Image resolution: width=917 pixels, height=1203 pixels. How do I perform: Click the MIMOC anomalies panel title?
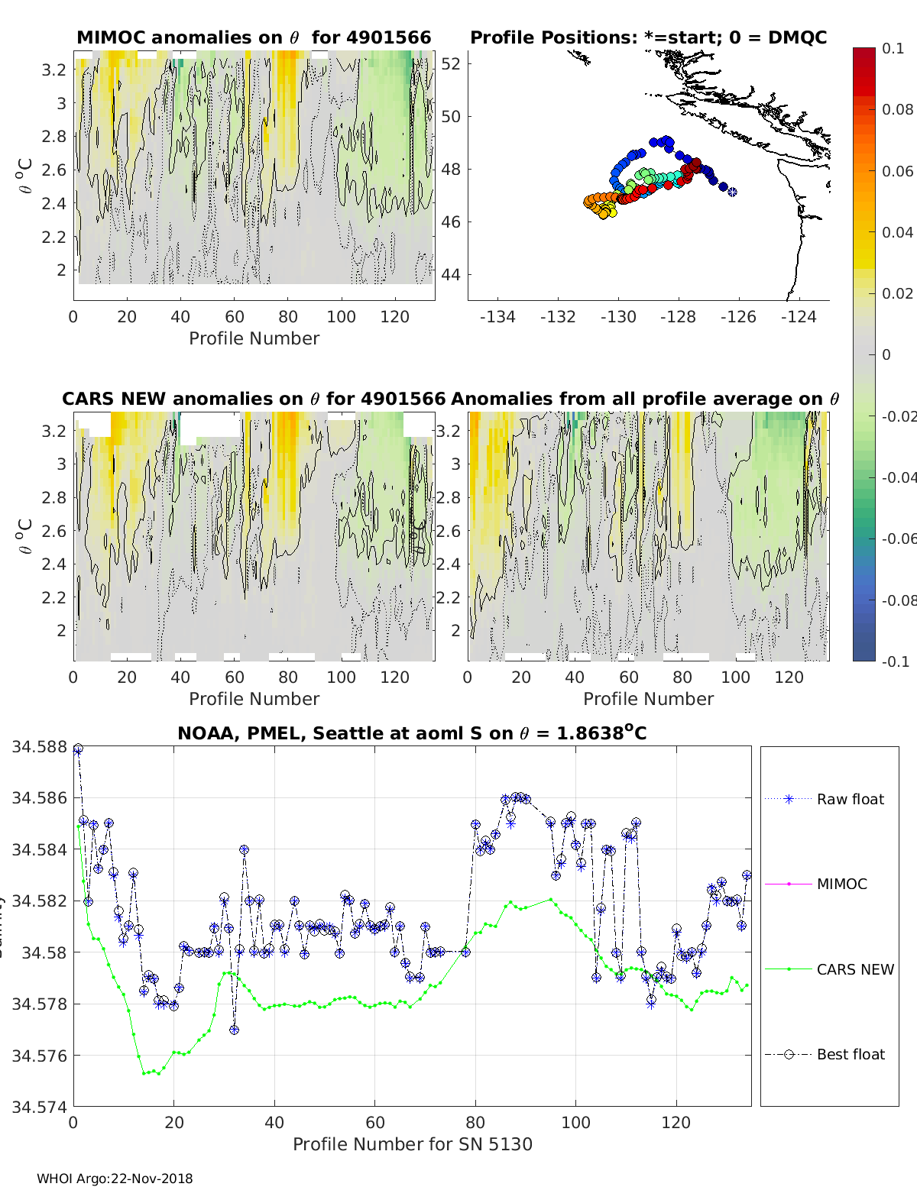(254, 37)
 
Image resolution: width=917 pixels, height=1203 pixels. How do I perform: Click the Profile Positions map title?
(648, 37)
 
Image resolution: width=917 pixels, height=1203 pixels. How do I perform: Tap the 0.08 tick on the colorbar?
(898, 109)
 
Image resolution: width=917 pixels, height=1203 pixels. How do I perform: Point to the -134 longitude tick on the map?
(497, 317)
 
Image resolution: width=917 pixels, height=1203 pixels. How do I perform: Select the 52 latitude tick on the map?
(452, 63)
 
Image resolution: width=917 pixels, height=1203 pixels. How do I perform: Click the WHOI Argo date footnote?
(115, 1179)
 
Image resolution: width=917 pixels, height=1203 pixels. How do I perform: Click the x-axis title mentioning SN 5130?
(413, 1144)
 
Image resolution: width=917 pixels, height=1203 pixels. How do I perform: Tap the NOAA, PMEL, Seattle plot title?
(412, 734)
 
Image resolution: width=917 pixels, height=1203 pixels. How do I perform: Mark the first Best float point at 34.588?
(78, 749)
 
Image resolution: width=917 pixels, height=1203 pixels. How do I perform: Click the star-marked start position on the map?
(732, 192)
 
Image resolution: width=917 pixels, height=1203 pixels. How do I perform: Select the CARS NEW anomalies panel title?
(254, 399)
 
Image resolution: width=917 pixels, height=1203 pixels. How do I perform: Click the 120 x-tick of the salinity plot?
(676, 1122)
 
